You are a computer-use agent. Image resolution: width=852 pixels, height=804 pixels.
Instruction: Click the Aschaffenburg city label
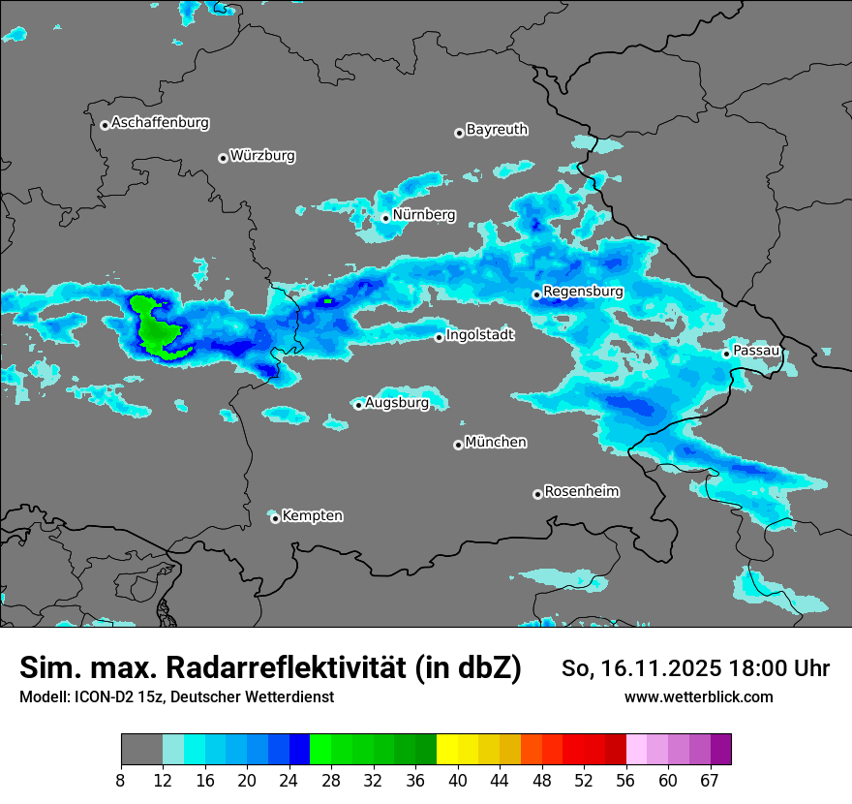pyautogui.click(x=160, y=123)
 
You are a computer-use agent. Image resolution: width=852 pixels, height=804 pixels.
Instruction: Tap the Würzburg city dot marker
pyautogui.click(x=223, y=158)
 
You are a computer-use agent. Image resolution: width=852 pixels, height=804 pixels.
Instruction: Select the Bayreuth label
pyautogui.click(x=497, y=129)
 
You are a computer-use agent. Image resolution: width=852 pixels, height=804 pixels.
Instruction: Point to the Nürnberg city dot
pyautogui.click(x=385, y=218)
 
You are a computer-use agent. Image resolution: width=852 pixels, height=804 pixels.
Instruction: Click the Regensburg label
pyautogui.click(x=583, y=291)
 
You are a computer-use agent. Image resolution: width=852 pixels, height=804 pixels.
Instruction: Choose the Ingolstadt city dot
pyautogui.click(x=439, y=337)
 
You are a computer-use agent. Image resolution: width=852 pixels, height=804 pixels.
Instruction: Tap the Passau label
pyautogui.click(x=756, y=350)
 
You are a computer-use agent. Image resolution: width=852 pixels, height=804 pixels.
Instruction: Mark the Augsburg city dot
pyautogui.click(x=358, y=405)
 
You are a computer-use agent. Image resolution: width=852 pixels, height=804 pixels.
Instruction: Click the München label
pyautogui.click(x=496, y=442)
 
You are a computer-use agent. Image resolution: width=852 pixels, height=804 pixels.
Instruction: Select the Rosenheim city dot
pyautogui.click(x=537, y=495)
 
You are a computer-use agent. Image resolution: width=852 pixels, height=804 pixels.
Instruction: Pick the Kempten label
pyautogui.click(x=312, y=515)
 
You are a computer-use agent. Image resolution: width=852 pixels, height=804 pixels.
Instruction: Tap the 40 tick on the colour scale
pyautogui.click(x=458, y=781)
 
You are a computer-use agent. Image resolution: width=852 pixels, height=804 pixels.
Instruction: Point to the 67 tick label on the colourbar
pyautogui.click(x=710, y=781)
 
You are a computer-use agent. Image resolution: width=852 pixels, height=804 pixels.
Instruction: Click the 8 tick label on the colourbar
pyautogui.click(x=121, y=781)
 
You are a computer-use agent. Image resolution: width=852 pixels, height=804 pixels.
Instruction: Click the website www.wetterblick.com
pyautogui.click(x=698, y=696)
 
